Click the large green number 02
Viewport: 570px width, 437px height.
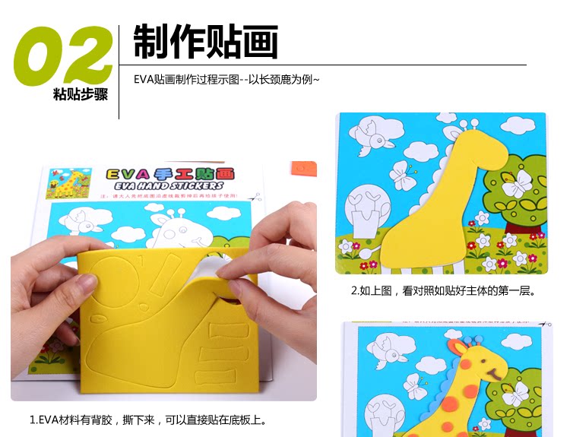coord(65,55)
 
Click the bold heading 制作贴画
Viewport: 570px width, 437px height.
coord(206,42)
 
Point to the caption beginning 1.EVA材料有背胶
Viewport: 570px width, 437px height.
coord(147,420)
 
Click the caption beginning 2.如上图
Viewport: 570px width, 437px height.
coord(443,291)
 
